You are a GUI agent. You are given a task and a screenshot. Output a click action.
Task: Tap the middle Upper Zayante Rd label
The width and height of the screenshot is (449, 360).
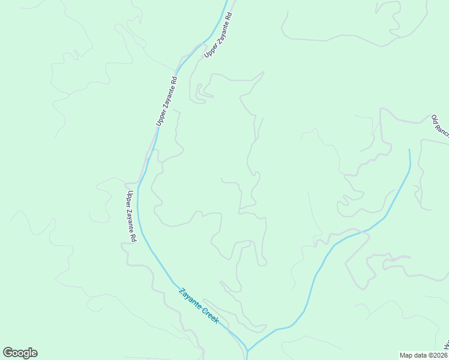click(167, 100)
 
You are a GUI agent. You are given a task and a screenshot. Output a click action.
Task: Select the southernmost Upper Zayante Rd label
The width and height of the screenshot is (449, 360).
click(131, 217)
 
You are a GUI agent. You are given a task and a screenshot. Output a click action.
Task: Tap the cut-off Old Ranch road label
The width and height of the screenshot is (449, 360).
click(440, 126)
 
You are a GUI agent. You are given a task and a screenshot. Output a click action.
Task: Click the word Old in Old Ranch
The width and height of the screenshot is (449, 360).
click(435, 119)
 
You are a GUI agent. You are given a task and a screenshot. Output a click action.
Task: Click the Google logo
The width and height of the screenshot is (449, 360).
click(20, 353)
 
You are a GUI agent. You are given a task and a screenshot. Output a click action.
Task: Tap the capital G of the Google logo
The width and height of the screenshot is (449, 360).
click(8, 352)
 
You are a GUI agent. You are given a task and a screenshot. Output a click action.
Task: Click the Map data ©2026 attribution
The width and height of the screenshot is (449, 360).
click(423, 355)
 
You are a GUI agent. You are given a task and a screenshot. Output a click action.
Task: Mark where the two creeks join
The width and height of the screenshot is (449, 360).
click(247, 350)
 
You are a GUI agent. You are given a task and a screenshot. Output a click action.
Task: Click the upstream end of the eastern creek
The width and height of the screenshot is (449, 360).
click(410, 150)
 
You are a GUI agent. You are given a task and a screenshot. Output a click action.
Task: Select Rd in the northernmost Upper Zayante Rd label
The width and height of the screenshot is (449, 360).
click(228, 14)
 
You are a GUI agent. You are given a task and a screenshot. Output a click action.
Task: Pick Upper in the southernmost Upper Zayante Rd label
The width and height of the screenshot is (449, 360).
click(128, 199)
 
